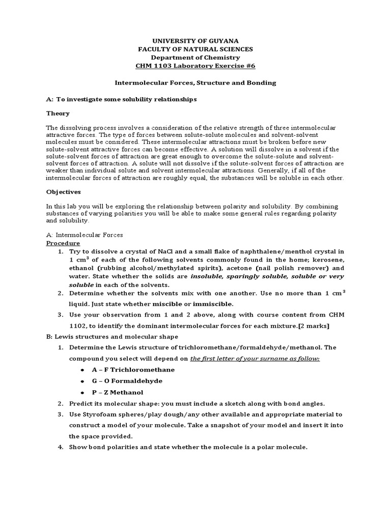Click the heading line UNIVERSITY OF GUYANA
pos(195,40)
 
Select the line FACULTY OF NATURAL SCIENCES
pos(195,49)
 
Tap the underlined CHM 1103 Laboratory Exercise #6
pos(195,66)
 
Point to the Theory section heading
pos(58,113)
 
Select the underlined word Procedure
pos(63,243)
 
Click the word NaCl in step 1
pos(163,252)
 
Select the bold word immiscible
pos(212,304)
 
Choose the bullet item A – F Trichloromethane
pos(132,369)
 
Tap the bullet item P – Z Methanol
pos(117,392)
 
